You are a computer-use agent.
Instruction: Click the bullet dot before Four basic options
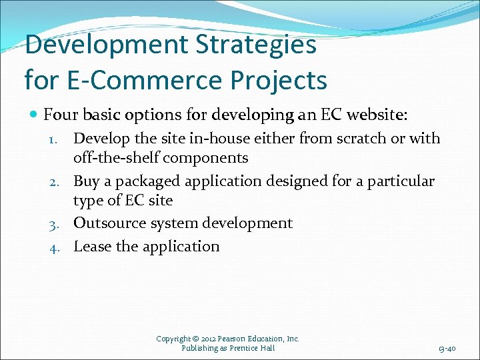click(x=33, y=115)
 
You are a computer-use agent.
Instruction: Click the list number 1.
click(x=56, y=139)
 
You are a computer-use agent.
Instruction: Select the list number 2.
click(x=56, y=182)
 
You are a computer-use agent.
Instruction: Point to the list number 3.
click(x=56, y=224)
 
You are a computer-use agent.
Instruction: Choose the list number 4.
click(x=56, y=247)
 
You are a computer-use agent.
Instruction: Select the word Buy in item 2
click(x=87, y=181)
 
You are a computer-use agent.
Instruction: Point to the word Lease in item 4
click(x=92, y=247)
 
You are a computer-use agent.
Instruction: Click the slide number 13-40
click(x=447, y=349)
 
